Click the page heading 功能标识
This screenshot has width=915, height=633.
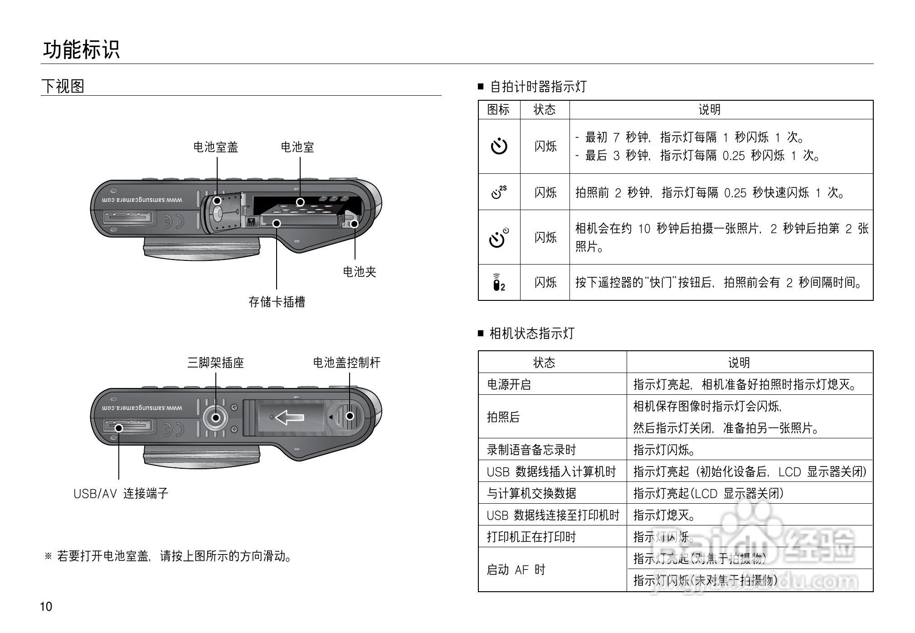click(82, 49)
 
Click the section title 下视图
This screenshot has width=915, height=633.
click(63, 86)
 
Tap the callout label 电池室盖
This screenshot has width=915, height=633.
click(216, 147)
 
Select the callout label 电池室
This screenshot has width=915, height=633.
click(297, 147)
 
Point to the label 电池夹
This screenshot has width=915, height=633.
click(360, 272)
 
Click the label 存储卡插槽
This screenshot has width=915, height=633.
click(277, 302)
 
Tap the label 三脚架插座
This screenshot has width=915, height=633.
click(216, 363)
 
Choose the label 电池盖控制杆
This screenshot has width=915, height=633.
click(347, 363)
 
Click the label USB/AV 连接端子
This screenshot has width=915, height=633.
click(121, 493)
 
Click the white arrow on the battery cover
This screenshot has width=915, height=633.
click(290, 417)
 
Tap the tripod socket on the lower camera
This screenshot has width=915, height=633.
click(216, 417)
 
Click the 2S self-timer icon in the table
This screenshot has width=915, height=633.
click(499, 192)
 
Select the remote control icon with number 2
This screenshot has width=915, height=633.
click(499, 282)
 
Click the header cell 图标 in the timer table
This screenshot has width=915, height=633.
click(499, 109)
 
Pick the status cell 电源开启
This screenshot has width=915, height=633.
click(509, 384)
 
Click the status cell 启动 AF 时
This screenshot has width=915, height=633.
click(516, 569)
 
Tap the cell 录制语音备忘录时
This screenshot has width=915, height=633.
click(531, 450)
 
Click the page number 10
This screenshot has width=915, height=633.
click(46, 607)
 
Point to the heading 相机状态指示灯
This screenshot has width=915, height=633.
click(532, 334)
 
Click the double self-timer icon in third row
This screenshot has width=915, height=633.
click(499, 237)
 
